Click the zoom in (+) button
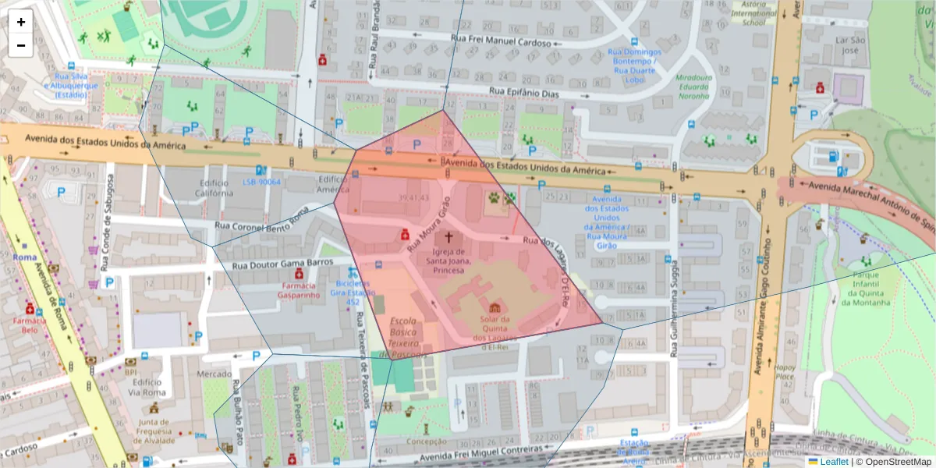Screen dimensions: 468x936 click(21, 22)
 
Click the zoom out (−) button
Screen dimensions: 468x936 click(21, 45)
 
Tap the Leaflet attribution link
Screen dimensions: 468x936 click(833, 462)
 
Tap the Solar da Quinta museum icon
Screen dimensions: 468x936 click(495, 306)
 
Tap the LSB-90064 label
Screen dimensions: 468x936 click(261, 182)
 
